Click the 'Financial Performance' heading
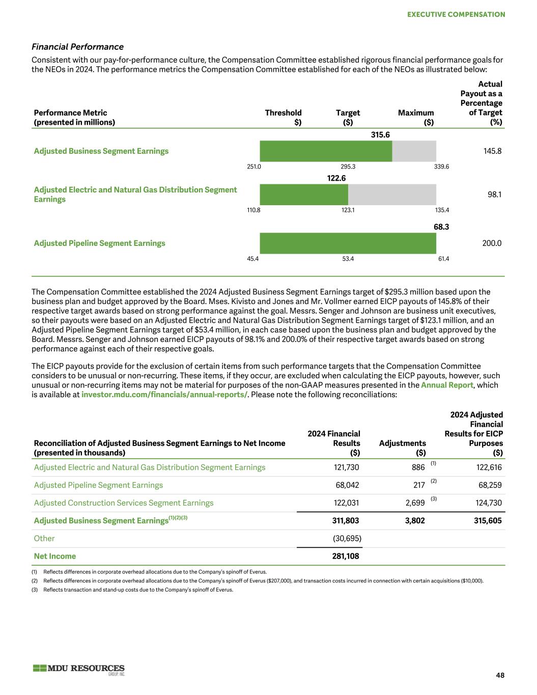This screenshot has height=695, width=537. click(77, 47)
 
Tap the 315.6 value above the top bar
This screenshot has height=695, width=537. click(380, 134)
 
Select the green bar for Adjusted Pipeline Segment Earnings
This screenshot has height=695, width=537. click(348, 243)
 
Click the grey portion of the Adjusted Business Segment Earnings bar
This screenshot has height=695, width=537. click(414, 151)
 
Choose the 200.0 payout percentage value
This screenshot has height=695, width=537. click(492, 243)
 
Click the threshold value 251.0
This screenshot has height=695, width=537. click(253, 166)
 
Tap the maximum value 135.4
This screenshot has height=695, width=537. click(442, 210)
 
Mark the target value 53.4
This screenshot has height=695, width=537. click(348, 259)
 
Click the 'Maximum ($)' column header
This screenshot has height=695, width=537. click(416, 117)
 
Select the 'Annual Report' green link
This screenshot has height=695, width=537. click(446, 385)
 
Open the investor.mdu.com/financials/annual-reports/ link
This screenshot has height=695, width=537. click(164, 395)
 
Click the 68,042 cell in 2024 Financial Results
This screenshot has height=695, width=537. click(347, 485)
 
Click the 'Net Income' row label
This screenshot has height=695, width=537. click(55, 556)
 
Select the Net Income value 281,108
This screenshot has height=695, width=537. click(346, 556)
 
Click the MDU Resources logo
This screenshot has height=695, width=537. click(79, 669)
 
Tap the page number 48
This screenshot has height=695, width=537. click(500, 675)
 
